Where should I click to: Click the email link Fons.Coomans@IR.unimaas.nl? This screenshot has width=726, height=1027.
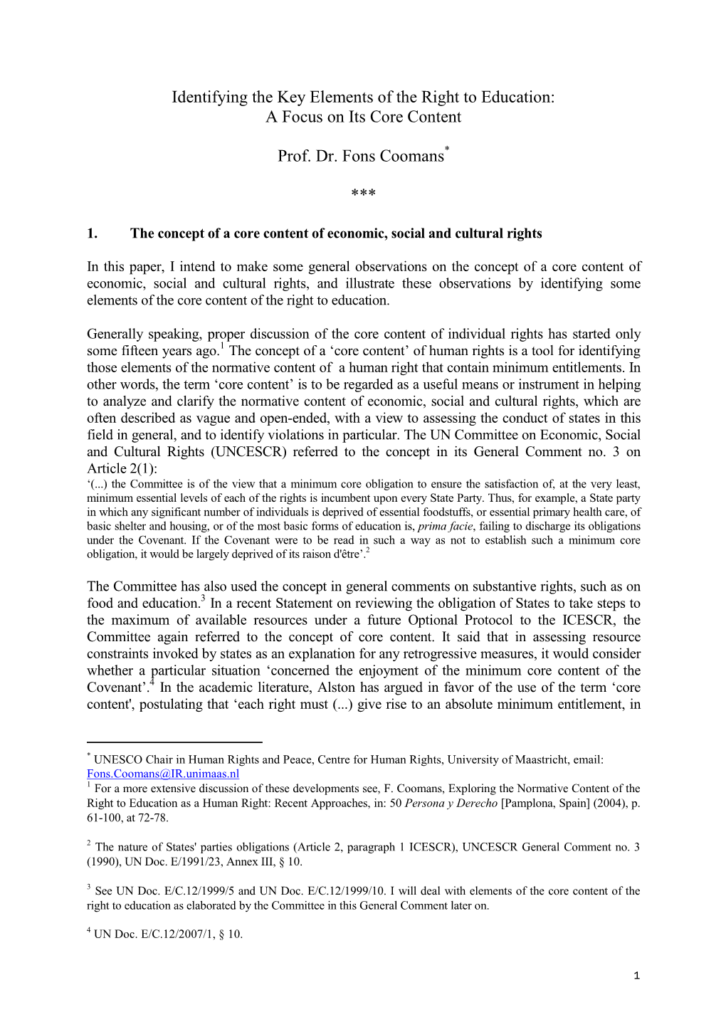[163, 774]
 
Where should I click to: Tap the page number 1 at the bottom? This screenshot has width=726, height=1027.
[636, 976]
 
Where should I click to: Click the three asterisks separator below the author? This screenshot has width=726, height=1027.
[363, 194]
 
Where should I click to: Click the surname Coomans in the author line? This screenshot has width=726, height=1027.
[411, 156]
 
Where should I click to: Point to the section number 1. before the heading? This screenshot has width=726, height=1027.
[92, 233]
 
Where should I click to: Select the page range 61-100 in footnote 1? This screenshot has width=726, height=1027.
[106, 818]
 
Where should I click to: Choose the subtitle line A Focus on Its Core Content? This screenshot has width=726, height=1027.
[363, 117]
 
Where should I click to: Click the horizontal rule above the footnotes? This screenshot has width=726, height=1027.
[174, 742]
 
